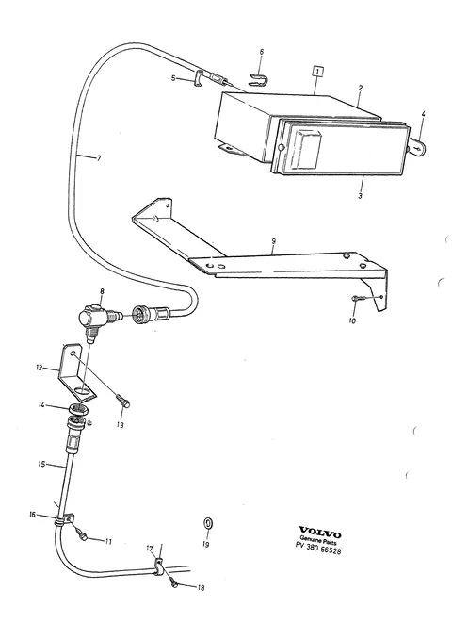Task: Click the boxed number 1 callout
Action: click(x=317, y=72)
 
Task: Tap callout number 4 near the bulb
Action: click(x=423, y=114)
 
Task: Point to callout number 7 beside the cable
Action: click(x=98, y=158)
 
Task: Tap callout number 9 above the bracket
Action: click(x=273, y=242)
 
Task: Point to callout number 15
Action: click(x=41, y=464)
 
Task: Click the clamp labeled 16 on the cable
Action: click(x=64, y=520)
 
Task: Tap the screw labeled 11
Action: click(x=82, y=535)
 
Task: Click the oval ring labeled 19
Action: click(x=208, y=524)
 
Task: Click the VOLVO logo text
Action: click(x=320, y=533)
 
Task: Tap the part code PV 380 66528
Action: click(x=318, y=549)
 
